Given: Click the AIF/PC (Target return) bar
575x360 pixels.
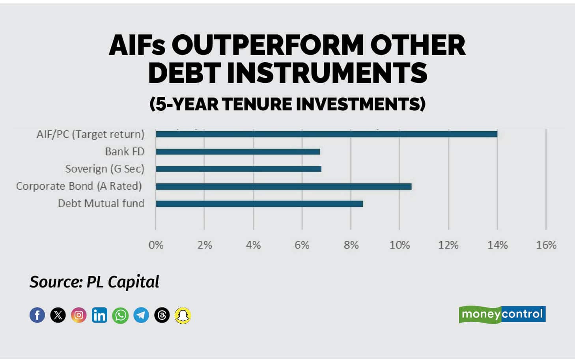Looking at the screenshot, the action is tap(327, 134).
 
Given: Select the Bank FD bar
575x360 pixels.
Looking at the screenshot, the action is tap(238, 152).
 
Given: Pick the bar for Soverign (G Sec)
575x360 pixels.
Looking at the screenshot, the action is tap(239, 169).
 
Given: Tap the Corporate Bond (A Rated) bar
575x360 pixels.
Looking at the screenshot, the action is tap(284, 187).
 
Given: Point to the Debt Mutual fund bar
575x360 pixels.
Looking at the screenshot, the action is tap(259, 204).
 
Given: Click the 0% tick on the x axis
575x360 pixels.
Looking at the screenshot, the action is tap(156, 245).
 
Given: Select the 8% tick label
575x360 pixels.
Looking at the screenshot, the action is tap(351, 245).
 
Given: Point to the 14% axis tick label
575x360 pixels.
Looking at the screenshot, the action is tap(497, 245).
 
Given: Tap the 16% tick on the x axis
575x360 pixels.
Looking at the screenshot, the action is tap(546, 245).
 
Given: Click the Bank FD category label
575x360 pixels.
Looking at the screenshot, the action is tap(125, 152).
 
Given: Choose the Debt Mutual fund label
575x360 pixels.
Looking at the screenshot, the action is tap(101, 203).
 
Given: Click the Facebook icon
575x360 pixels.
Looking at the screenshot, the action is tap(37, 315).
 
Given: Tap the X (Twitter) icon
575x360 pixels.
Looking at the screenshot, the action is tap(58, 315).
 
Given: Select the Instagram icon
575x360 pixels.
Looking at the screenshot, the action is tap(79, 315).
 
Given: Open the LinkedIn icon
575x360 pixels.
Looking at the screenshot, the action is tap(100, 315).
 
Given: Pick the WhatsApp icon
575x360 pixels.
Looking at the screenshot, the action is tap(120, 315).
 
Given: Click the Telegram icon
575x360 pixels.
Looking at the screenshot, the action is tap(141, 315).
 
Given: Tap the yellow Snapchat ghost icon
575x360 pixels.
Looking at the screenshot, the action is tap(183, 315).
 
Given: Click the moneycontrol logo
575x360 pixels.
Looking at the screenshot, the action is tap(502, 314).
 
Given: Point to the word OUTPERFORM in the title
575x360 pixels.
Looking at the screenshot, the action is tap(268, 45).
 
